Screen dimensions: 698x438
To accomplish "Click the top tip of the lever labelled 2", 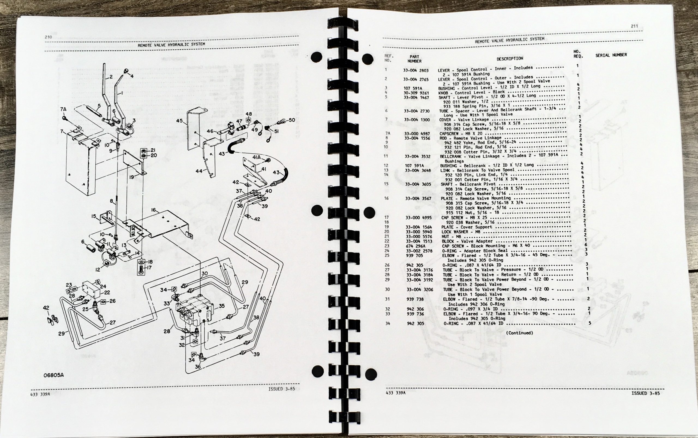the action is point(104,64).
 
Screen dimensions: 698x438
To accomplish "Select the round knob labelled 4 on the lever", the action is point(126,71).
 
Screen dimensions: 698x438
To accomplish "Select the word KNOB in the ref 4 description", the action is point(444,93).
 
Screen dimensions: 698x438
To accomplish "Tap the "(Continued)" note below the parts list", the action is point(519,333).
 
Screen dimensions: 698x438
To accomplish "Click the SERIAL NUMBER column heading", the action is point(611,55).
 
